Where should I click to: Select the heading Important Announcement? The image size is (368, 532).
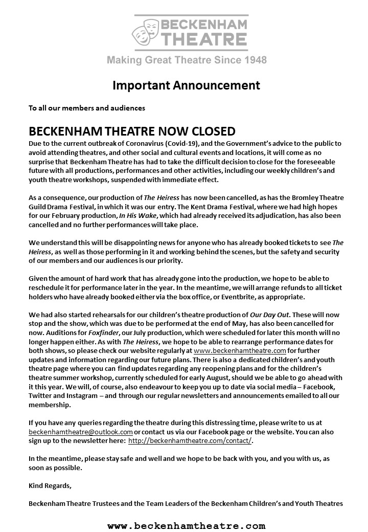pos(186,85)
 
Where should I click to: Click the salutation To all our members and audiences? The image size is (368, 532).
pos(87,108)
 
